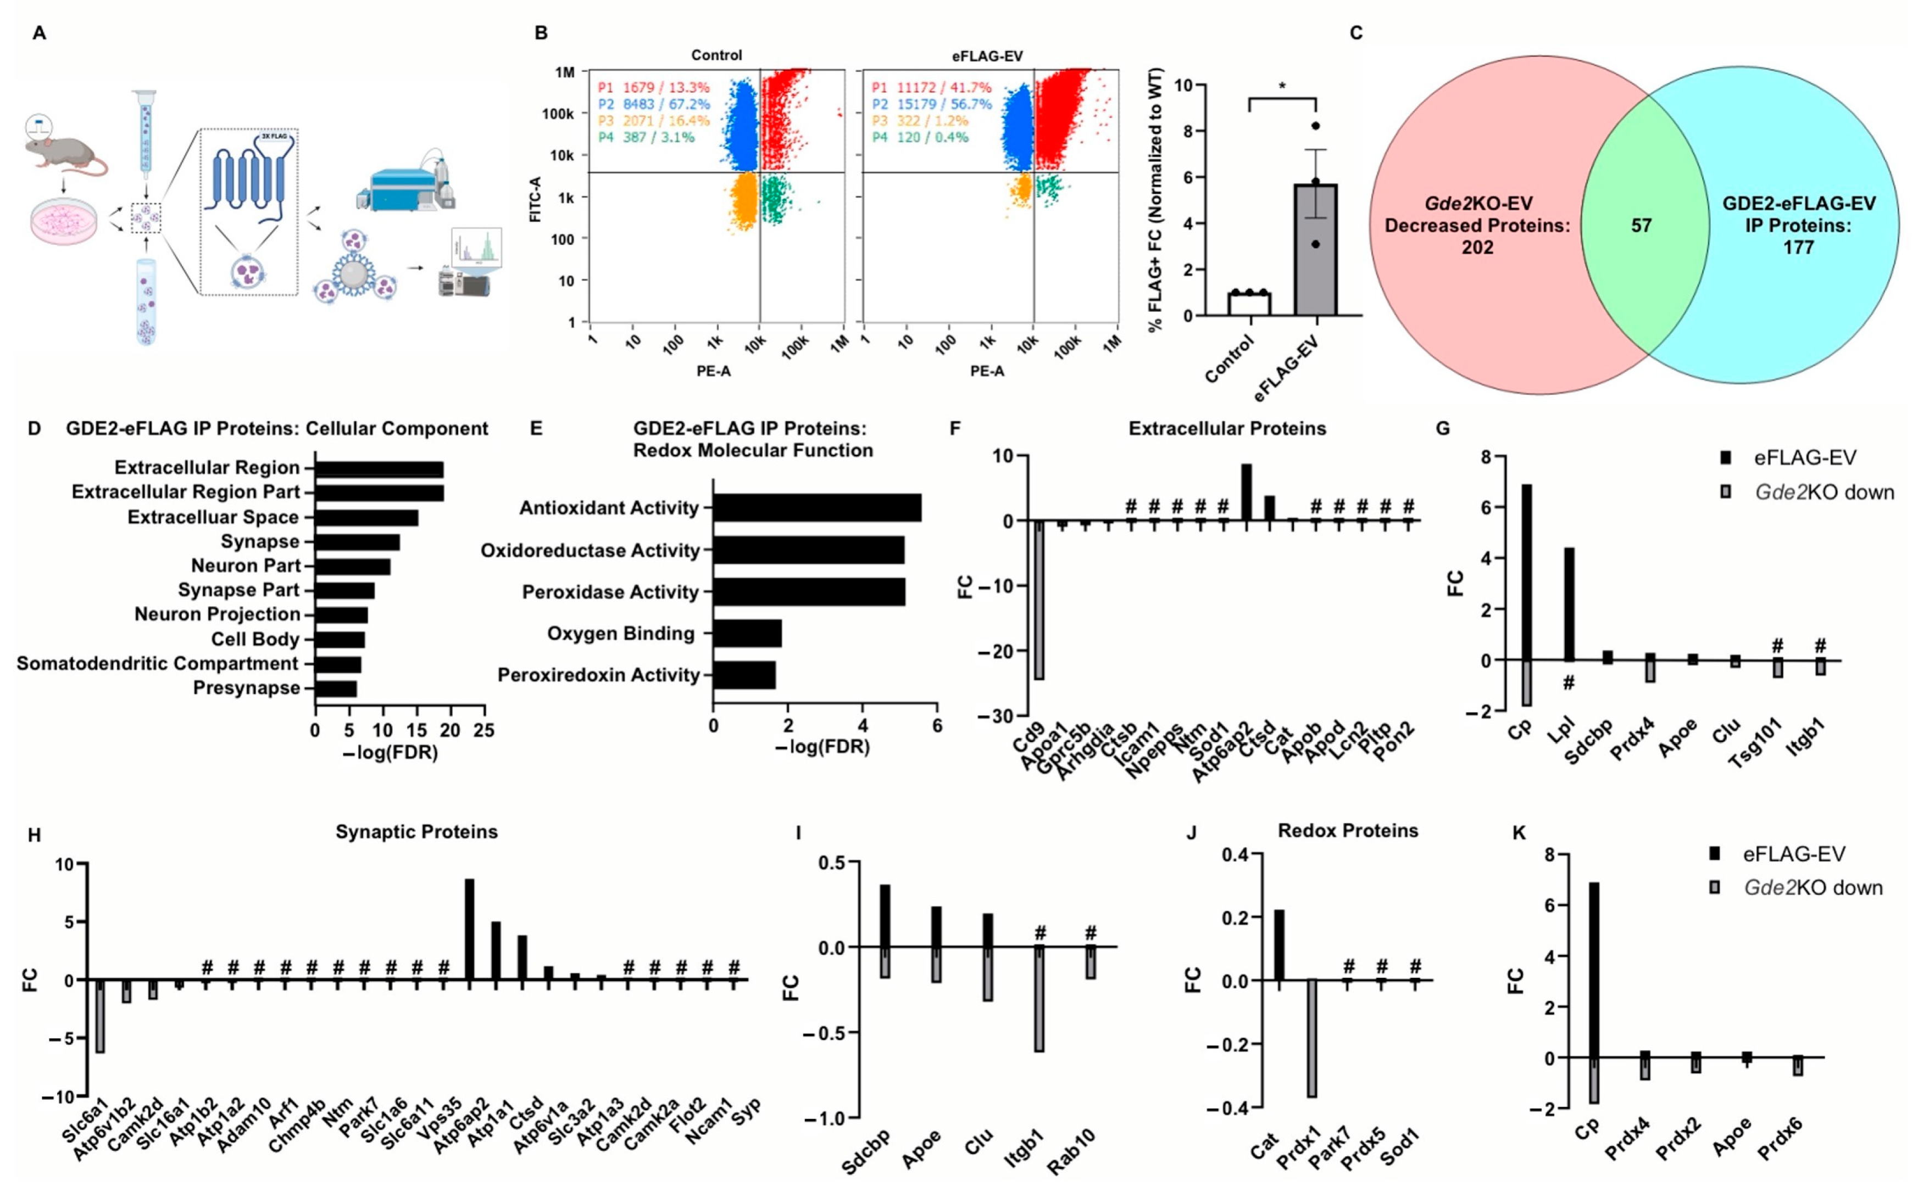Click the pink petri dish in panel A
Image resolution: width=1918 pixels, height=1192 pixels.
64,221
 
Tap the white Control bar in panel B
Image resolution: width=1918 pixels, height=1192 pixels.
1248,304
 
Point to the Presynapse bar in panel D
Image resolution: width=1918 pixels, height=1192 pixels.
336,688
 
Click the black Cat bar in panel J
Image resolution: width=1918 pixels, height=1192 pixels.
1278,945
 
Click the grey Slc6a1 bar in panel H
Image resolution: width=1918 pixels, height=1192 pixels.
100,1016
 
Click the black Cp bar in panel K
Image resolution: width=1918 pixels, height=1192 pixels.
1594,970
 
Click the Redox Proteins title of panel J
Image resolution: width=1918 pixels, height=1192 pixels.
1347,831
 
